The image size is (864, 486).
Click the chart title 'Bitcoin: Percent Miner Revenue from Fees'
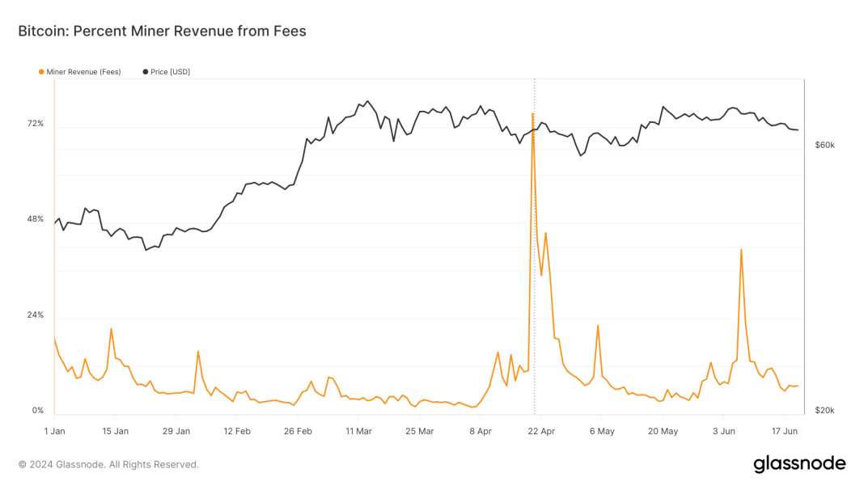(x=162, y=31)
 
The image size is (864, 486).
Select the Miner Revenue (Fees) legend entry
(x=80, y=72)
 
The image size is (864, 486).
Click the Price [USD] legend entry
(x=167, y=72)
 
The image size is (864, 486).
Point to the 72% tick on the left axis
(x=36, y=124)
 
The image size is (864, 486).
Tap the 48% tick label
(x=36, y=219)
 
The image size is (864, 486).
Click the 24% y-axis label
(x=36, y=315)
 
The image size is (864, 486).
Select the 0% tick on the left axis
(x=38, y=410)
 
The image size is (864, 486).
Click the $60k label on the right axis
(x=824, y=145)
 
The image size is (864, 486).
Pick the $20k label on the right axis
(x=824, y=410)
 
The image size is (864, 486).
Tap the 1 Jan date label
(x=54, y=431)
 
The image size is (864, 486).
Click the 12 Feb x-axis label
(x=237, y=431)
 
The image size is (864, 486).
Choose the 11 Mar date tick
(x=358, y=431)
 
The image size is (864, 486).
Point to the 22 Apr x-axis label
(x=541, y=431)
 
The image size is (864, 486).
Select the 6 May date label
(x=602, y=431)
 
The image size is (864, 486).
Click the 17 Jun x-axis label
(x=785, y=431)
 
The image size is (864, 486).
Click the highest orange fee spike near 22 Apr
(x=532, y=113)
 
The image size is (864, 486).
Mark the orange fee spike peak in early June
(x=741, y=249)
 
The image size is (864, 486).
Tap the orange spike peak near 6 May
(x=597, y=326)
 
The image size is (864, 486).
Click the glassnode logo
(x=799, y=464)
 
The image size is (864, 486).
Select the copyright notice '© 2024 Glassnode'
(x=108, y=465)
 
